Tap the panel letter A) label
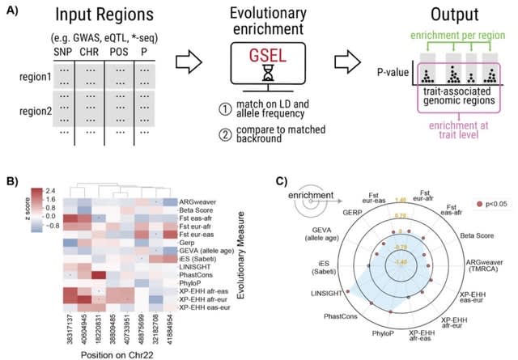click(x=11, y=12)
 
